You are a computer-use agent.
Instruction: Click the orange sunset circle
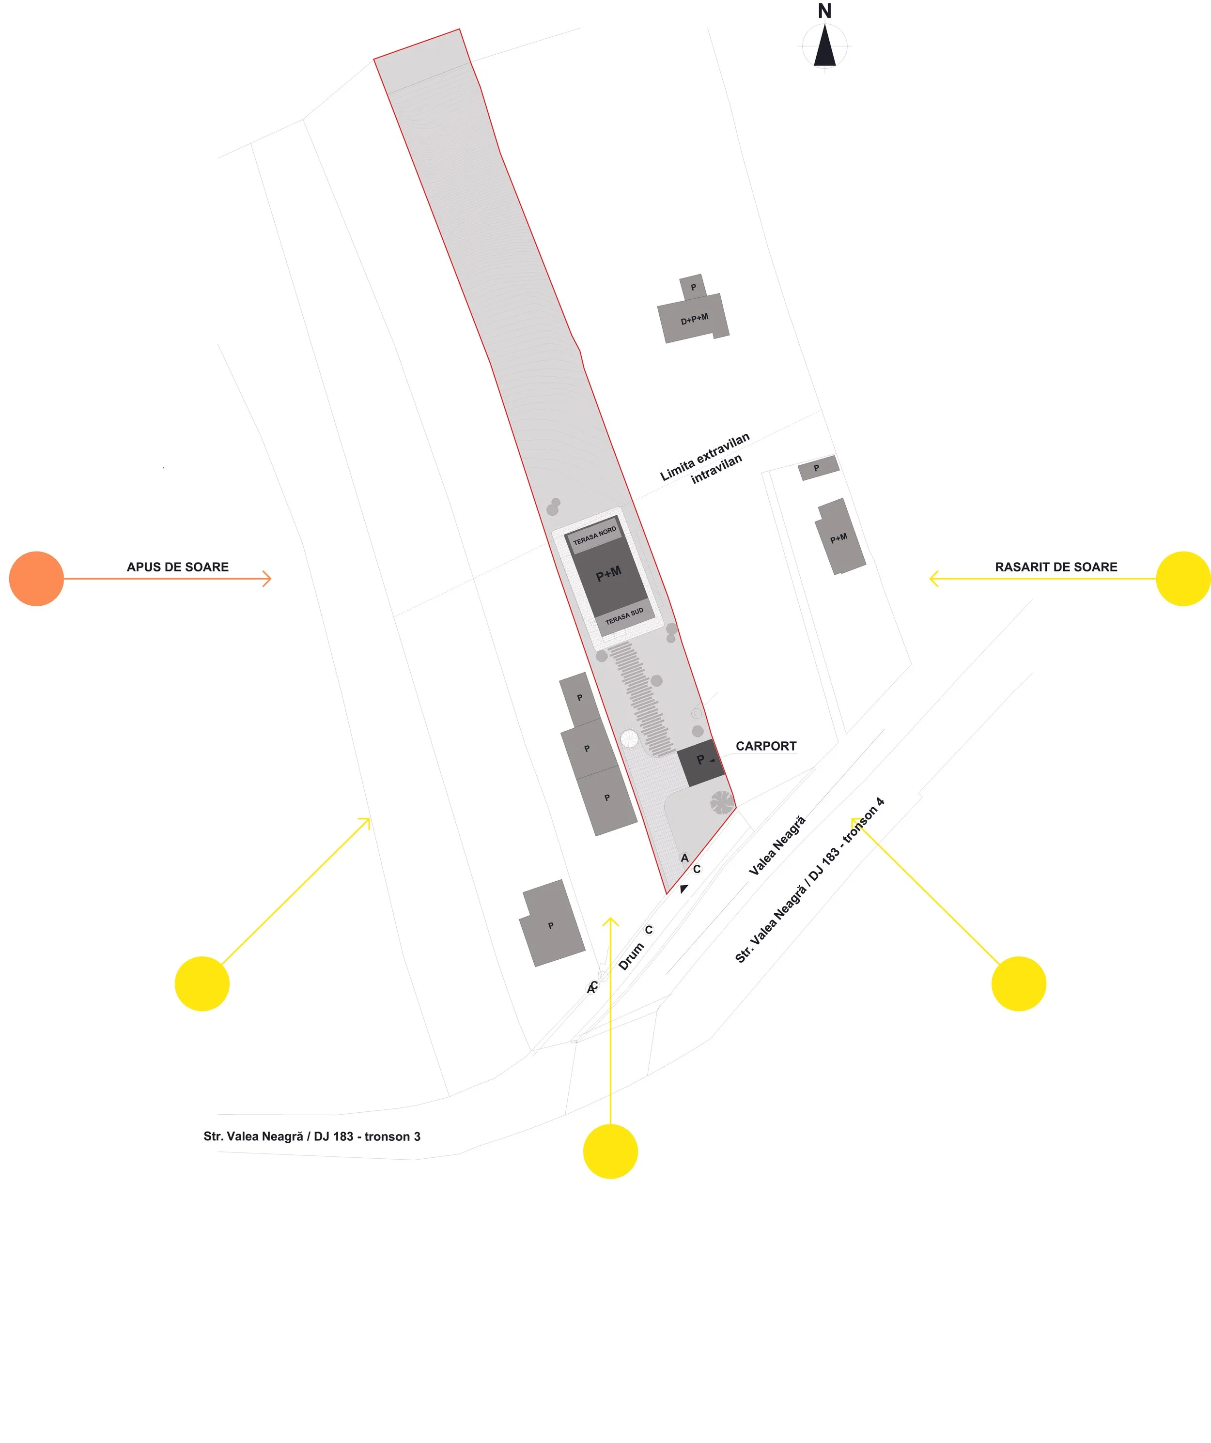tap(36, 579)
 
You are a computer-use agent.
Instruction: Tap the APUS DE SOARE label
tap(177, 567)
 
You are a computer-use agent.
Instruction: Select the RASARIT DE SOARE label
tap(1056, 567)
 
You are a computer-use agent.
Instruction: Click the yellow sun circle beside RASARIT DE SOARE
tap(1183, 579)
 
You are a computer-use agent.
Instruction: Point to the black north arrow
tap(825, 46)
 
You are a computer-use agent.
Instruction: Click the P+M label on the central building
tap(608, 574)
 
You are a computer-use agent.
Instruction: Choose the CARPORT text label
tap(766, 746)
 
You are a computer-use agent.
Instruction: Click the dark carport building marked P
tap(701, 763)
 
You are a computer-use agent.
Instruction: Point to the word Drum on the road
tap(631, 956)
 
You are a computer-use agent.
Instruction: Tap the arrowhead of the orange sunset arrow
tap(269, 579)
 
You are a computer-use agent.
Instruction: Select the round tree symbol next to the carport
tap(722, 802)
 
